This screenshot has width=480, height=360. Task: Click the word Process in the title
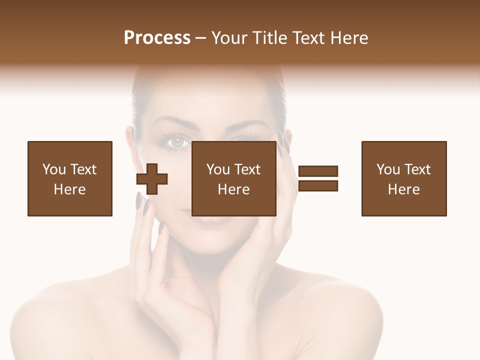tap(157, 38)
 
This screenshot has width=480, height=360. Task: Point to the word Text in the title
tap(311, 38)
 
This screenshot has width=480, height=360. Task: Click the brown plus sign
tap(152, 178)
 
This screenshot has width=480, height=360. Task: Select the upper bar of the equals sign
tap(318, 171)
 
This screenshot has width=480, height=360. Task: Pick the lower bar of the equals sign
tap(318, 186)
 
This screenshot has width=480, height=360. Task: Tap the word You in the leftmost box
tap(54, 169)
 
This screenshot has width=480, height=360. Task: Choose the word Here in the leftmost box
tap(69, 189)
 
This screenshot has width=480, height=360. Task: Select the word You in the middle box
tap(218, 169)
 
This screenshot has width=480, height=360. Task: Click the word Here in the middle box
tap(233, 189)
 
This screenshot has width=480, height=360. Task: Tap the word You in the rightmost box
tap(388, 169)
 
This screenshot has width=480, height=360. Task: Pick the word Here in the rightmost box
tap(403, 189)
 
